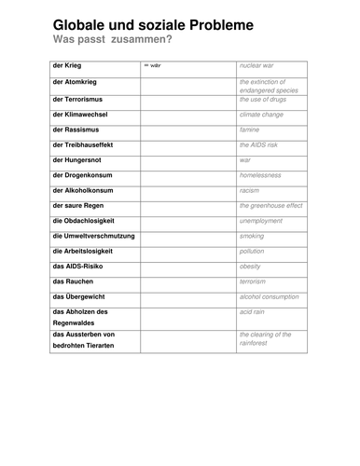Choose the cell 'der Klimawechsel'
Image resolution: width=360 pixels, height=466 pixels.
(82, 114)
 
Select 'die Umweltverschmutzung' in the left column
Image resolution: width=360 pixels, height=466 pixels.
(93, 236)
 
